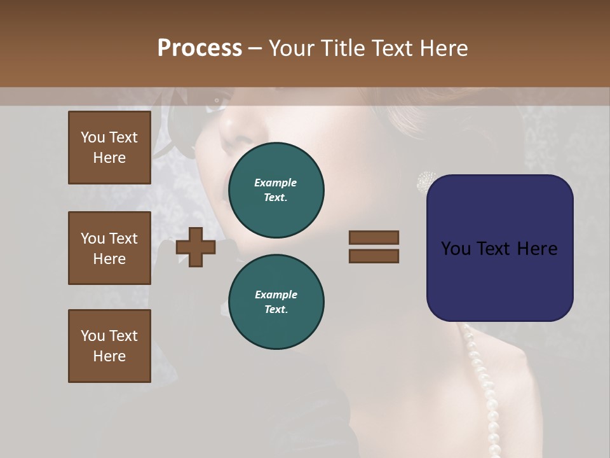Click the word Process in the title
point(200,48)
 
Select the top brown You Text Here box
point(109,148)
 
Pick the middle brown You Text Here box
point(109,248)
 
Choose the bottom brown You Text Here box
point(109,346)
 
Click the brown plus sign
point(196,247)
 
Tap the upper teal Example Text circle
point(276,190)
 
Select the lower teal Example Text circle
point(276,302)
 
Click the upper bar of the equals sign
point(374,237)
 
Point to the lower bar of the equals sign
point(374,256)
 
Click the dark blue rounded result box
point(499,248)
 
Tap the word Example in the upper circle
point(275,183)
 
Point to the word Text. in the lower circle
point(276,310)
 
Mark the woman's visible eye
point(217,99)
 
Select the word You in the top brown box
point(92,137)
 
